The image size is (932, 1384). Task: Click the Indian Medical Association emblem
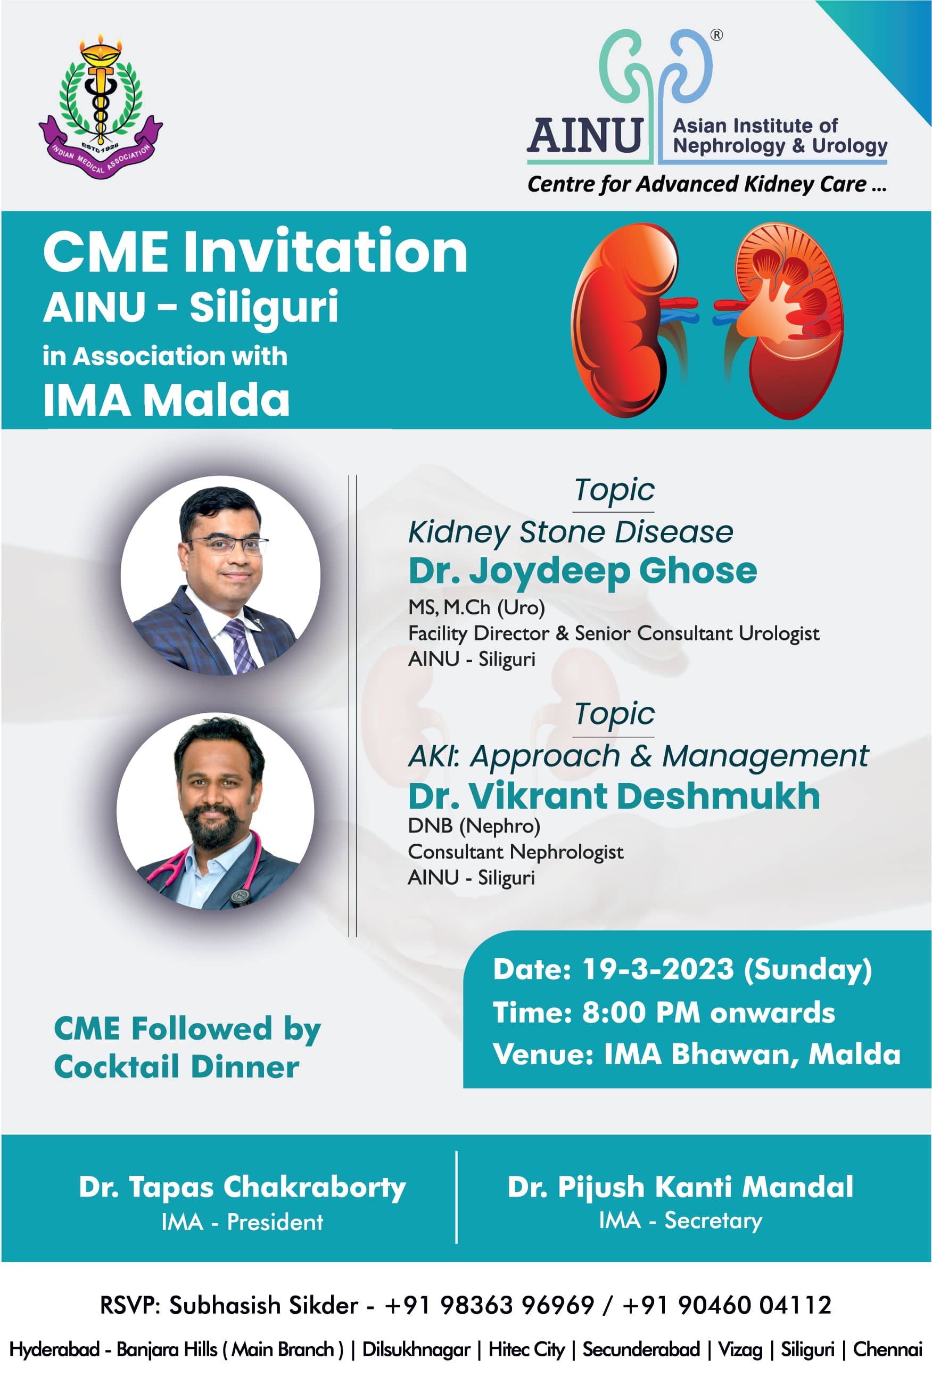coord(101,107)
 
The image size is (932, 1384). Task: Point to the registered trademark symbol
coord(717,35)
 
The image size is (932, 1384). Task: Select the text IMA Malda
coord(167,400)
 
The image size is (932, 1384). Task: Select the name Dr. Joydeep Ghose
coord(582,571)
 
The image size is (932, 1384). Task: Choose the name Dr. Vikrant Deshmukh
coord(614,796)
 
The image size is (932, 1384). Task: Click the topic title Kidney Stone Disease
coord(571,531)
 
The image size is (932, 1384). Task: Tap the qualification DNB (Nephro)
coord(474,826)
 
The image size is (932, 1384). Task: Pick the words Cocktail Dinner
coord(177,1067)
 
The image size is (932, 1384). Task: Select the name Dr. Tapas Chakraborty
coord(243,1187)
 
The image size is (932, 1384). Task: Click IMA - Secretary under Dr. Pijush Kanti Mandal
coord(680,1220)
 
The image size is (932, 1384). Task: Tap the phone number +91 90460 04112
coord(727,1305)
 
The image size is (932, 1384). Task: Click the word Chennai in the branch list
coord(887,1349)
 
